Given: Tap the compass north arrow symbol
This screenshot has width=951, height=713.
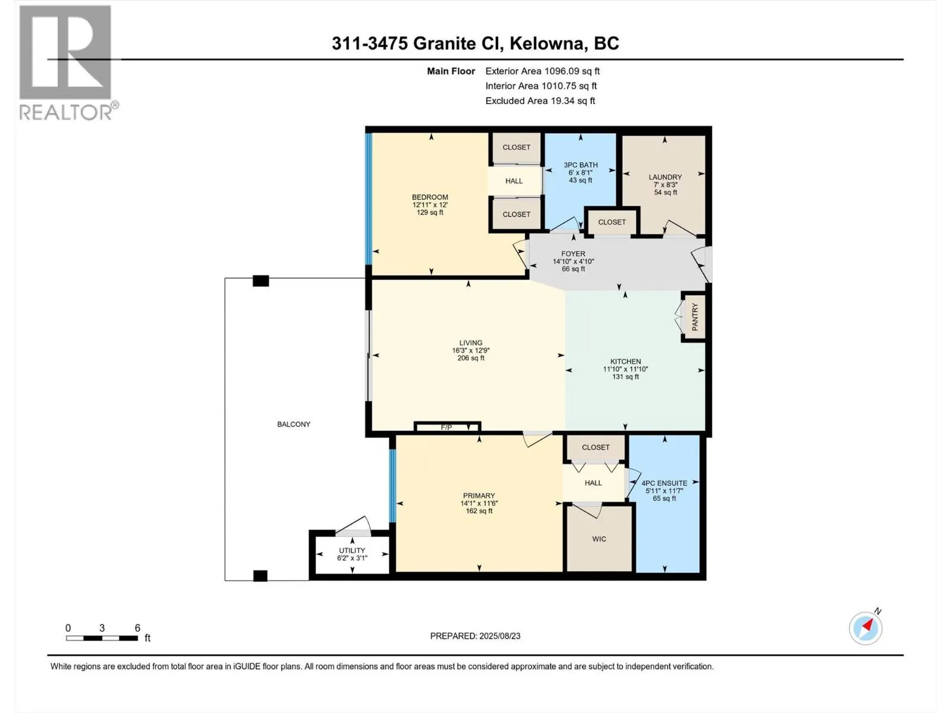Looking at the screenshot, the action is (865, 628).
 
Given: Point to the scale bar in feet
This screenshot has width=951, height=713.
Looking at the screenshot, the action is (102, 638).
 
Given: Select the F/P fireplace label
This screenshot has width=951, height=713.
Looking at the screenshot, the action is (446, 427).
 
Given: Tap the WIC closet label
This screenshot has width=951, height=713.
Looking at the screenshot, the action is (599, 539).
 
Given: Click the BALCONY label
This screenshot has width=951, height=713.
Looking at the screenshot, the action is (294, 424).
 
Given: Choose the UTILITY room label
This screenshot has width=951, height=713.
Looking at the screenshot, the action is (352, 550).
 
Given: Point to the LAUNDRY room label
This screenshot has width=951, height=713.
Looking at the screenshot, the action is (665, 177).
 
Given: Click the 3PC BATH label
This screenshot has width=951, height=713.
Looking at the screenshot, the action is (581, 165).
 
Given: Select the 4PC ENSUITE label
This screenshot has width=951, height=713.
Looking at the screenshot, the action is (664, 483).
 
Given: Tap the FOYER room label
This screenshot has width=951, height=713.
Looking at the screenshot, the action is (573, 254).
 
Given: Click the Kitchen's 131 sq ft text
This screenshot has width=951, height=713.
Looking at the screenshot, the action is (626, 377).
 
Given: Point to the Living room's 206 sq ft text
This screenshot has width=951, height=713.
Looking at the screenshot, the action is (471, 358).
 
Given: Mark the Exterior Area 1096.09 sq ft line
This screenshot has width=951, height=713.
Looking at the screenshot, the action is (543, 71).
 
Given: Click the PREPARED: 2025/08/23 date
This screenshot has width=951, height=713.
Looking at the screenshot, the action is (475, 636).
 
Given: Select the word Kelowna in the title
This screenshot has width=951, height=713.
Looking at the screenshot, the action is (544, 43).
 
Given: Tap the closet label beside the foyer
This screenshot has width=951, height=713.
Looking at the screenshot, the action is (612, 222).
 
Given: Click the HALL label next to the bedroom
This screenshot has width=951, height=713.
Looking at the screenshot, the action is (514, 181).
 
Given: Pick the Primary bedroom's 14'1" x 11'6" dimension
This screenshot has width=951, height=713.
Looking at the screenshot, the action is (478, 503).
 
